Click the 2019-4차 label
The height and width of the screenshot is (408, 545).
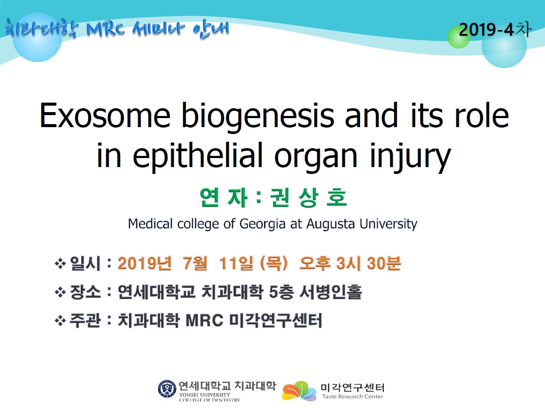coord(495,30)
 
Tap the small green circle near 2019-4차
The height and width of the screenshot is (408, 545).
coord(459,37)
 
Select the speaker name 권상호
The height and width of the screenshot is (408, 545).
coord(308,198)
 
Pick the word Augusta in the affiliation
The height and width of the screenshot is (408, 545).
coord(330,224)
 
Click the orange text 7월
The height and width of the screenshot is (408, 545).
coord(195,263)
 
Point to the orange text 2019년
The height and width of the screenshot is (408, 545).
coord(145,263)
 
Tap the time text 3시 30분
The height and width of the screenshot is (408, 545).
coord(369,263)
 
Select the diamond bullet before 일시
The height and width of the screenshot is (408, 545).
coord(60,264)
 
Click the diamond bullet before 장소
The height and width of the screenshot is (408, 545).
coord(60,292)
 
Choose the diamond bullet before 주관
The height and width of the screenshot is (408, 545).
coord(60,321)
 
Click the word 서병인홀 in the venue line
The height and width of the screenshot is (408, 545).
coord(331,292)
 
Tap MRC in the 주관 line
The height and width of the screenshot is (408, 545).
coord(204,320)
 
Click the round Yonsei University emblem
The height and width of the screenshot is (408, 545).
coord(167,389)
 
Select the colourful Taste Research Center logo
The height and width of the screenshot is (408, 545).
coord(299,391)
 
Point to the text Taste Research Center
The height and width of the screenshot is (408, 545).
coord(353,396)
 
